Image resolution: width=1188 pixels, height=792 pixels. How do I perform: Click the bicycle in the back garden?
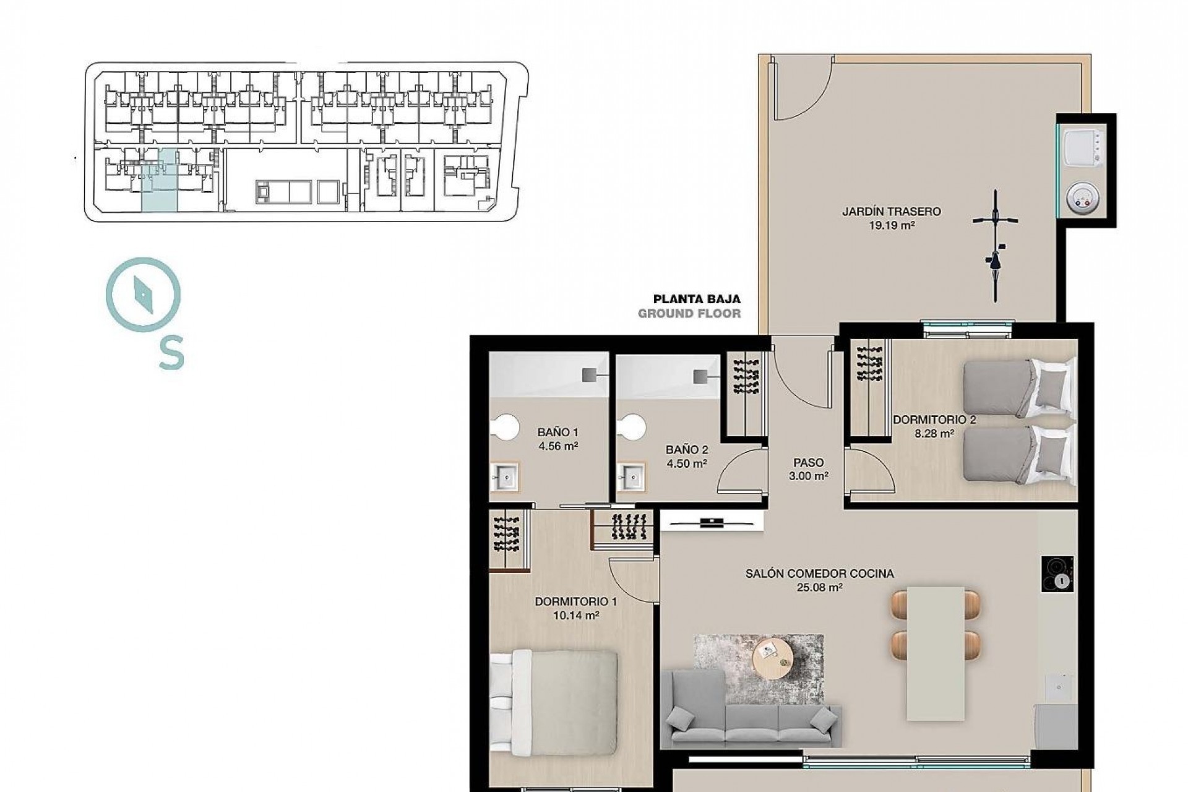coord(995,246)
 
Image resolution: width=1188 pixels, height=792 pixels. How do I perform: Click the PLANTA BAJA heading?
coord(697,299)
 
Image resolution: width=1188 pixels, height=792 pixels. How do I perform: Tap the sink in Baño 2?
coord(631,477)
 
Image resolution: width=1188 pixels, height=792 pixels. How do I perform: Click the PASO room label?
coord(808,462)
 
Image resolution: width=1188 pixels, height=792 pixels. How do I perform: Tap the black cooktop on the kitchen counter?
coord(1057,574)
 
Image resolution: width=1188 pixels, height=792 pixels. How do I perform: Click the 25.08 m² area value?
coord(819,588)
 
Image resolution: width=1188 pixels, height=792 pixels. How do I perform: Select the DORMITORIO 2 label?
coord(934,420)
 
